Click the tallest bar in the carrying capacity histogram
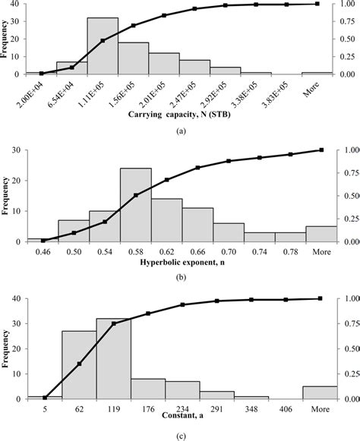(x=103, y=46)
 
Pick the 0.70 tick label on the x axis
(x=228, y=250)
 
